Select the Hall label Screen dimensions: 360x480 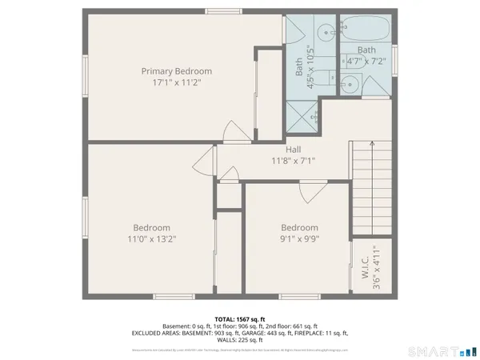pos(293,149)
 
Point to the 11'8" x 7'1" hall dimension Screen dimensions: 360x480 pos(293,160)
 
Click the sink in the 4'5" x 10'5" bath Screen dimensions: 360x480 pos(326,34)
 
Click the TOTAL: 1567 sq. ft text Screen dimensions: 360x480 pos(239,318)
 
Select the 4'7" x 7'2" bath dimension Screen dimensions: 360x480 pos(366,60)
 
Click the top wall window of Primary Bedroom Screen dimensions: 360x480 pos(223,10)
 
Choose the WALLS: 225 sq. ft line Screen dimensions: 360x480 pos(240,338)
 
